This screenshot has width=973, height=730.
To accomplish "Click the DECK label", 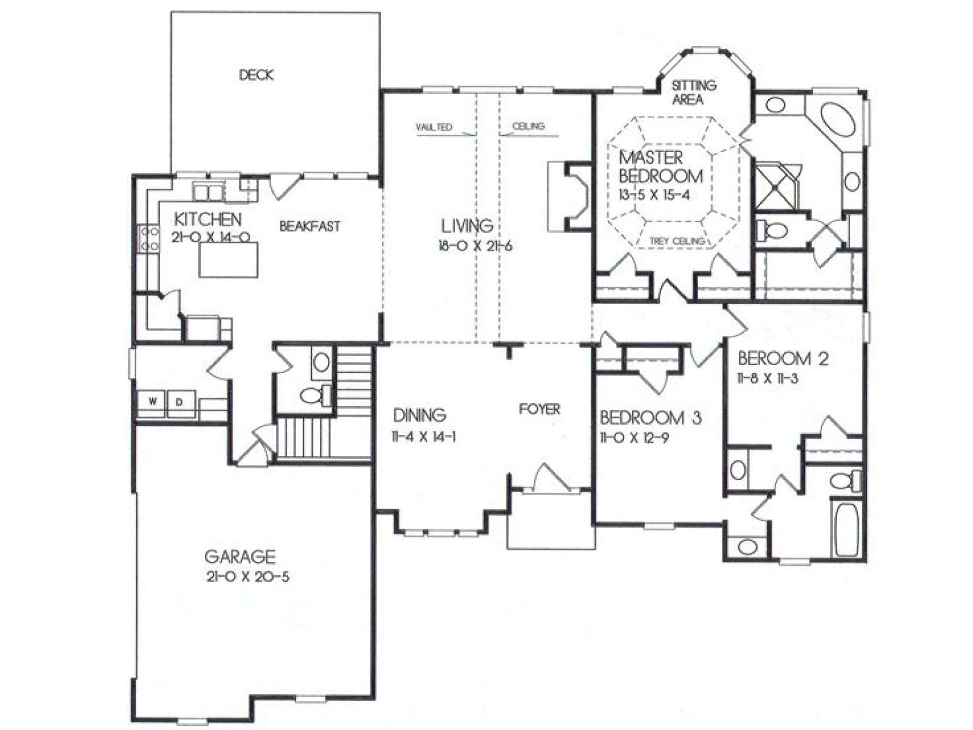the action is point(256,75).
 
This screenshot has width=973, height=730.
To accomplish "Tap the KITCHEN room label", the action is point(207,219).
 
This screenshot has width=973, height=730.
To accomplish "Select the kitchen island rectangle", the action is point(228,260).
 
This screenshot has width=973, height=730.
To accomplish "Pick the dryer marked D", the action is point(179,403).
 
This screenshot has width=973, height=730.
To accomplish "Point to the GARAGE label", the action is point(240,556).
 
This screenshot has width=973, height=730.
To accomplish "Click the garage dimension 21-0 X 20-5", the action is point(248,577).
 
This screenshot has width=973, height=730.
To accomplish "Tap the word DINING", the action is point(420,415).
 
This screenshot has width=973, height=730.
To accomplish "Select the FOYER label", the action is point(539,409).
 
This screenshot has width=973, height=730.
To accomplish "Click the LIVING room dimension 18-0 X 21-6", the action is point(475,246).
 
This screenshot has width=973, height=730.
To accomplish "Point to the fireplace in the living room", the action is point(570,196).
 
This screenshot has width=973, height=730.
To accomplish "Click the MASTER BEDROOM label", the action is point(660,167).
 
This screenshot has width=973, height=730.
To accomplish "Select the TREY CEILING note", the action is point(677,241).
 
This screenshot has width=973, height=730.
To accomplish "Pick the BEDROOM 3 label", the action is point(651,417).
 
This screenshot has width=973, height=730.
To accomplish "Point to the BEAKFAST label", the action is point(310,226).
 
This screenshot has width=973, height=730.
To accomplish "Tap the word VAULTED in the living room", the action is point(434,127).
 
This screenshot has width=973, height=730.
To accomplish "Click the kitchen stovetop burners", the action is point(149,238).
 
